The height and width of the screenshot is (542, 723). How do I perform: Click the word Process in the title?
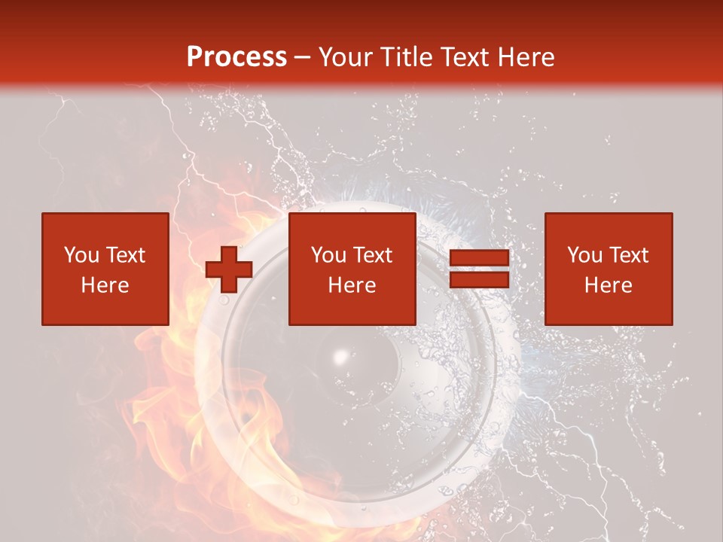tap(236, 57)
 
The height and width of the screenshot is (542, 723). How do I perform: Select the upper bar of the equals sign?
tap(479, 258)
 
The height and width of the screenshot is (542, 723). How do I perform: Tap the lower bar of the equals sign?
tap(479, 279)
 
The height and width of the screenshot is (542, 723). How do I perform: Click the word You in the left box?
tap(82, 255)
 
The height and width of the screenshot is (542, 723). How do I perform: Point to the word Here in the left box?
tap(105, 285)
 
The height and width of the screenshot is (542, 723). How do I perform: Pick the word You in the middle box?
tap(329, 255)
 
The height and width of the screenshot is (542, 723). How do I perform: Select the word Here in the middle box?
tap(352, 285)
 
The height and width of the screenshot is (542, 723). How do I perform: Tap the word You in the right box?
tap(585, 255)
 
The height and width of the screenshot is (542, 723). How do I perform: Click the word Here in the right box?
tap(608, 285)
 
